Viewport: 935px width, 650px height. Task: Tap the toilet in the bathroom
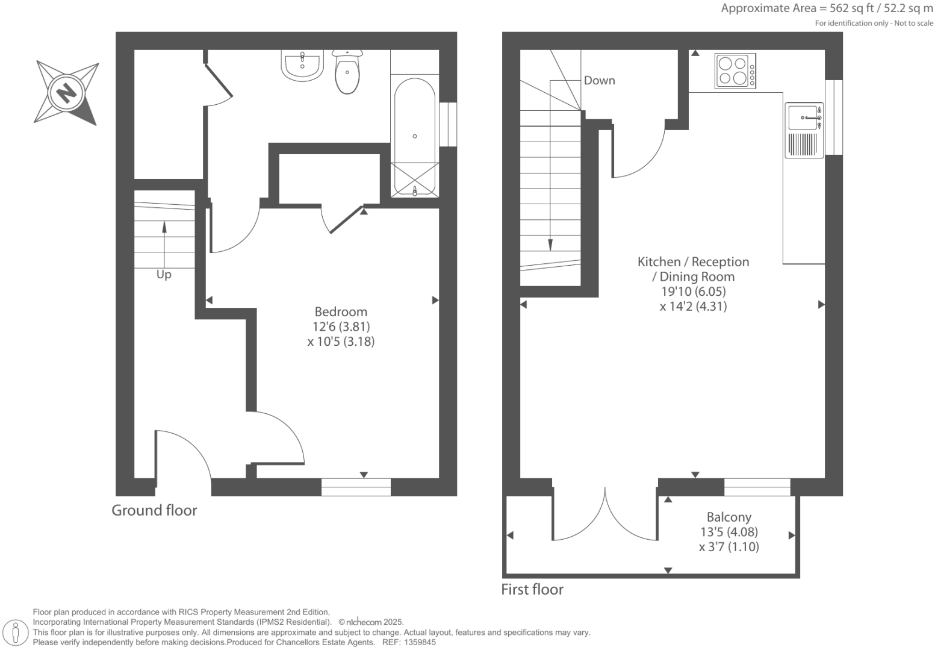(x=347, y=73)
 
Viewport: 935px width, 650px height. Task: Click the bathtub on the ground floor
(x=414, y=136)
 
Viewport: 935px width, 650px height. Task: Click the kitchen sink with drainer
(x=804, y=130)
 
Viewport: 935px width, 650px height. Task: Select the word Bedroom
(x=341, y=311)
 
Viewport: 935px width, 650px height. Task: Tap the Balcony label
(x=728, y=517)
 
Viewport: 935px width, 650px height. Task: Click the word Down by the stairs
(x=599, y=81)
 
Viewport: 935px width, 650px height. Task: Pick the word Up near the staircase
(x=164, y=275)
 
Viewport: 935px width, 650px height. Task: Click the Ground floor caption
(x=154, y=510)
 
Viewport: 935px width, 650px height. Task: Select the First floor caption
(x=532, y=589)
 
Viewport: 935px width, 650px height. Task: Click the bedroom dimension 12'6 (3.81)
(x=341, y=327)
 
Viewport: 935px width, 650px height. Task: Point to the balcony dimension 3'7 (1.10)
(x=728, y=547)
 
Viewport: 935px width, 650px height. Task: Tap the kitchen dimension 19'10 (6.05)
(x=693, y=292)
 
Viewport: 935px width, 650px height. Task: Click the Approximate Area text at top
(x=827, y=8)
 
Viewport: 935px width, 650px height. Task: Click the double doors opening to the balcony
(x=605, y=515)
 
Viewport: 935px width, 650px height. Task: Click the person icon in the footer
(x=16, y=633)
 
